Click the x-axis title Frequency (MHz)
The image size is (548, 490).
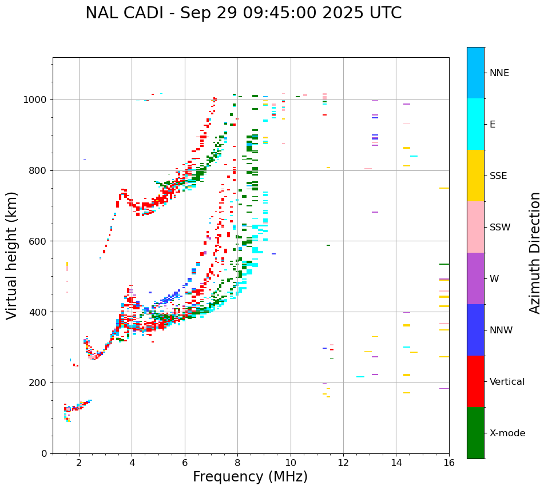click(250, 477)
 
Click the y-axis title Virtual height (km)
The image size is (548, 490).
click(12, 256)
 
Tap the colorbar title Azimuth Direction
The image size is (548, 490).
click(535, 253)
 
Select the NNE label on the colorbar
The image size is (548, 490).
click(499, 73)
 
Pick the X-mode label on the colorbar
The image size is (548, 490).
click(507, 433)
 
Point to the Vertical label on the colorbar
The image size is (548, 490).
click(507, 382)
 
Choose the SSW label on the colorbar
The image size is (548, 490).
click(500, 228)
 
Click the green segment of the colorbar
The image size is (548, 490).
click(475, 433)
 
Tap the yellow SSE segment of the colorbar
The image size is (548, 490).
click(475, 175)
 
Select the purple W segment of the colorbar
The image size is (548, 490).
click(475, 278)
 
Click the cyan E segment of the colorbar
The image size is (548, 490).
click(475, 124)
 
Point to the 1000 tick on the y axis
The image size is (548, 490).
click(36, 100)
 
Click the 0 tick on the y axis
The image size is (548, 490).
click(44, 453)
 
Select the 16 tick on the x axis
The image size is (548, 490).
click(449, 463)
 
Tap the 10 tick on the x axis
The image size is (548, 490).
click(291, 463)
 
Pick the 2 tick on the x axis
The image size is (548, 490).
click(79, 463)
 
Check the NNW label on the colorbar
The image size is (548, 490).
click(501, 330)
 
